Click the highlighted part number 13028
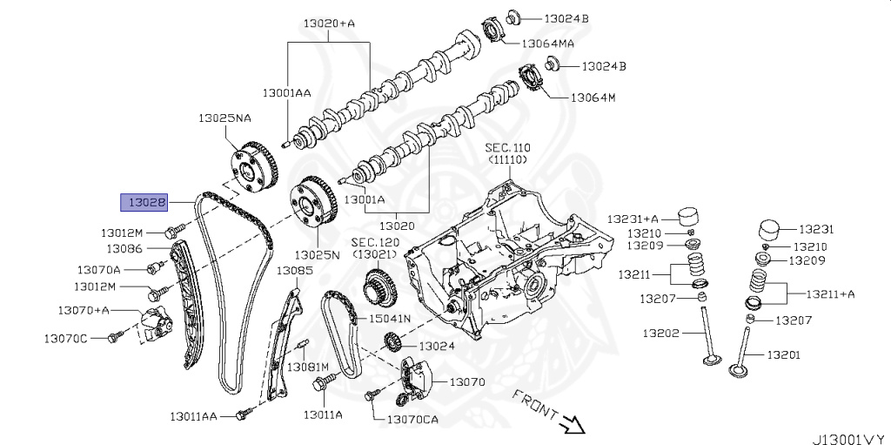pos(144,203)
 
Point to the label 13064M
pos(593,98)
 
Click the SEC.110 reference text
pos(507,148)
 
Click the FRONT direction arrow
pos(572,424)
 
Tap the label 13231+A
pos(633,219)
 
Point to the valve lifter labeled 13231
pos(771,231)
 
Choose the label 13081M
pos(308,367)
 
